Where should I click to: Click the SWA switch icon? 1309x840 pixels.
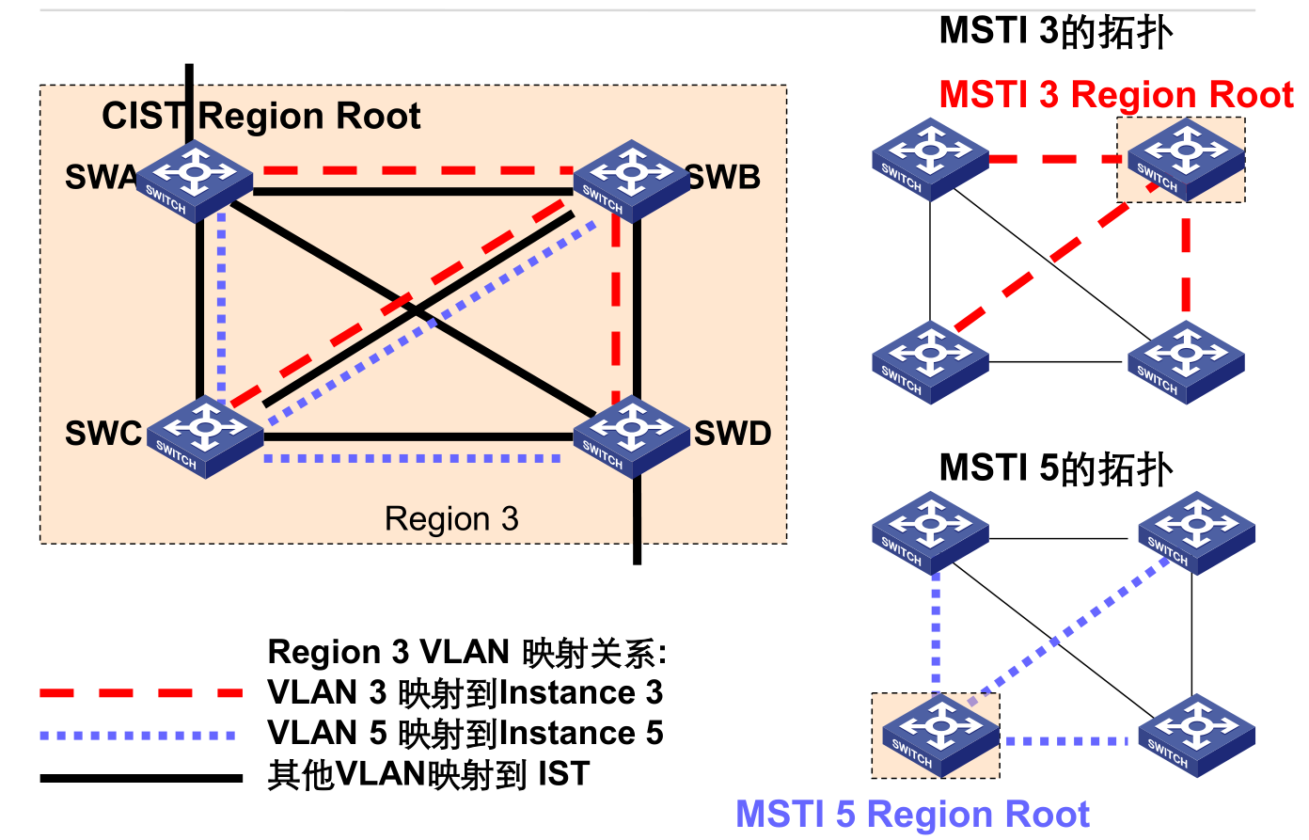[194, 182]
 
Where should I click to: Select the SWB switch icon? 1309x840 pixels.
[632, 182]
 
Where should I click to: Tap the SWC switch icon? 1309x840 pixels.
[205, 437]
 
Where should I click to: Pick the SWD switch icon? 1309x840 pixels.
[632, 437]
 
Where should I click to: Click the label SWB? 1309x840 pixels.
[724, 177]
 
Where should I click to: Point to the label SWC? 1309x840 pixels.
[103, 433]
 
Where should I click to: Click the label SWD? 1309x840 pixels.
[733, 433]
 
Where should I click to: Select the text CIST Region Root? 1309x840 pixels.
[261, 116]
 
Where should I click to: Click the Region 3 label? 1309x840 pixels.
[451, 518]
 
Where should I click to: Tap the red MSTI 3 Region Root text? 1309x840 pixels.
[1116, 94]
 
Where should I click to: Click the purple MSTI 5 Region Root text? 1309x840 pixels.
[913, 814]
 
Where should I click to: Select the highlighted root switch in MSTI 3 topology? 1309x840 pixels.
[1187, 160]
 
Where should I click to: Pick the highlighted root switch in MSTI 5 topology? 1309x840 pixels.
[940, 736]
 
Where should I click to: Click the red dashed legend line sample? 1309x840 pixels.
[141, 693]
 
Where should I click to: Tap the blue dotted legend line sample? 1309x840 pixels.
[138, 736]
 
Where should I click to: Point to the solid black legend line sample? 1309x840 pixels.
[141, 778]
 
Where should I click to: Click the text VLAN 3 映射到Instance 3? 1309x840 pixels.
[465, 692]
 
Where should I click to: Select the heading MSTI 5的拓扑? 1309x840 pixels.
[1056, 468]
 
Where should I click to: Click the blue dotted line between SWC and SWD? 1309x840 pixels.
[413, 459]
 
